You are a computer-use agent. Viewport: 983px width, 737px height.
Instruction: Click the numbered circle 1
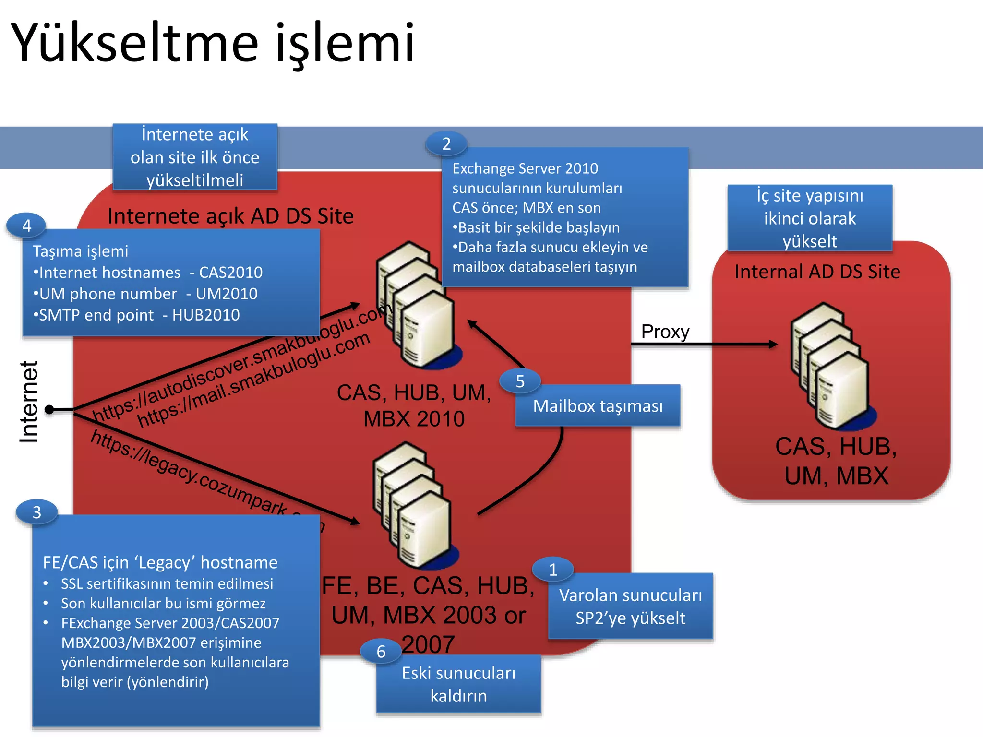coord(553,570)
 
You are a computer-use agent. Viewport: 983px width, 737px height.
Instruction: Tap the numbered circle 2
coord(446,143)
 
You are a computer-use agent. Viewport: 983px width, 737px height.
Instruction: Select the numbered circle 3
coord(37,512)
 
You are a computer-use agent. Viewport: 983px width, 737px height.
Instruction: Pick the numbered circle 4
coord(27,226)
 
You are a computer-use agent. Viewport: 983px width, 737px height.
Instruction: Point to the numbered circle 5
coord(520,381)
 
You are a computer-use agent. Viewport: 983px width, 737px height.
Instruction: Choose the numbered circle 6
coord(381,652)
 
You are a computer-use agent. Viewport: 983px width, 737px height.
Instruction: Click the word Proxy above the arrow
coord(665,332)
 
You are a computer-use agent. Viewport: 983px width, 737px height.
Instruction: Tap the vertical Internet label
coord(29,402)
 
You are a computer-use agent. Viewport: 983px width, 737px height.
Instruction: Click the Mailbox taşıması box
coord(598,406)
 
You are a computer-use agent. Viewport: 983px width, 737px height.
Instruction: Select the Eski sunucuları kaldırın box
coord(458,684)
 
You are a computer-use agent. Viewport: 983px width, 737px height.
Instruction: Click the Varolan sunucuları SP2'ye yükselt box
coord(630,606)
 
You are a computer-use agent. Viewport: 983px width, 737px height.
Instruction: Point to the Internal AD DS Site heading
coord(817,272)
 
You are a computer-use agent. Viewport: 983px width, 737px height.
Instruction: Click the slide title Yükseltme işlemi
coord(213,43)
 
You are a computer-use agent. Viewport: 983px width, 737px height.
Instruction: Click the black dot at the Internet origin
coord(49,409)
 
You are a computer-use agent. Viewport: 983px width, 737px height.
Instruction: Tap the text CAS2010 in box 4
coord(231,273)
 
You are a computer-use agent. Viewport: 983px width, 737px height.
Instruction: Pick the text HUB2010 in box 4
coord(206,315)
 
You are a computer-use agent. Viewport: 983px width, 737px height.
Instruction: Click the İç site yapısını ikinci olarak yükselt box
coord(810,218)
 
